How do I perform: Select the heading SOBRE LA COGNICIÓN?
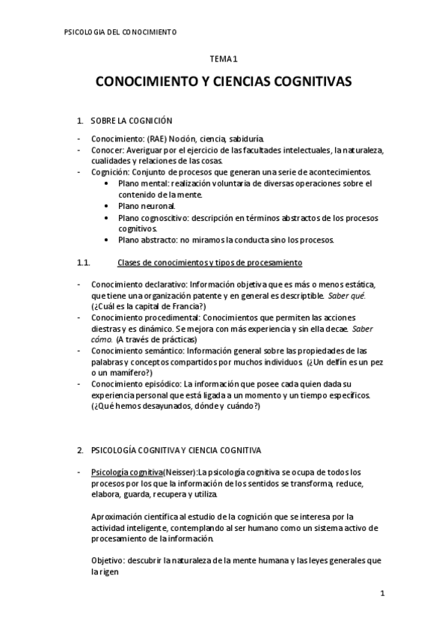pyautogui.click(x=131, y=120)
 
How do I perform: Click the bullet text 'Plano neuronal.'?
pyautogui.click(x=147, y=206)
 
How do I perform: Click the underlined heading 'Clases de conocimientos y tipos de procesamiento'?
pyautogui.click(x=210, y=262)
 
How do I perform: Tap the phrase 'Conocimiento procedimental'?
pyautogui.click(x=135, y=317)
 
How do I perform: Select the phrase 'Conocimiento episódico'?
pyautogui.click(x=129, y=383)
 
